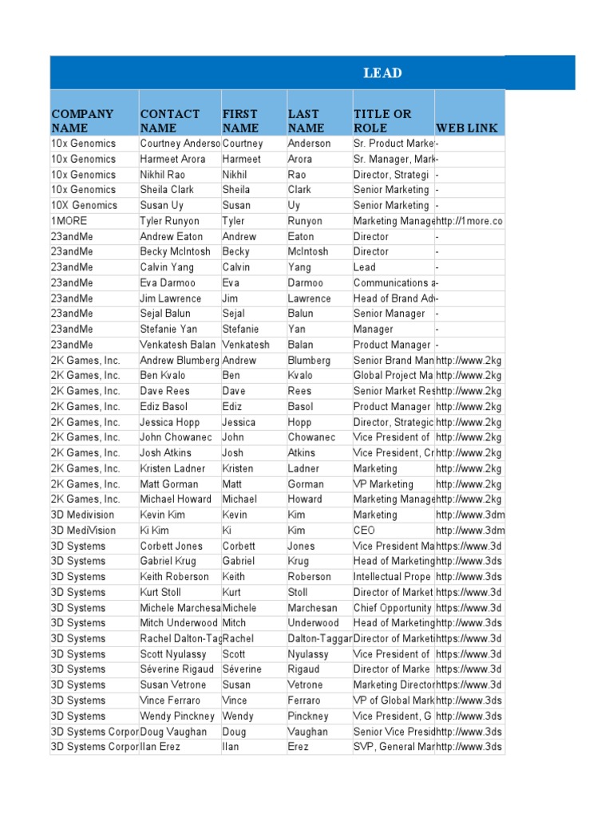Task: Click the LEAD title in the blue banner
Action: point(382,73)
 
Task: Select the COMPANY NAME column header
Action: point(82,120)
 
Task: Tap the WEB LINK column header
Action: point(467,128)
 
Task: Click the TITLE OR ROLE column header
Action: point(382,120)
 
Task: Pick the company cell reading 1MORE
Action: point(69,221)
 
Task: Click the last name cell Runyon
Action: point(305,221)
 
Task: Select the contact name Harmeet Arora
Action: point(172,159)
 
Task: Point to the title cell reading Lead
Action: point(364,267)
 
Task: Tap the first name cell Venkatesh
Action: point(246,345)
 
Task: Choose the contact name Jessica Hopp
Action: point(169,422)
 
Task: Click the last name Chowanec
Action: point(312,437)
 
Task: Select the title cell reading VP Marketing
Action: point(383,484)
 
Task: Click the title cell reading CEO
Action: point(364,531)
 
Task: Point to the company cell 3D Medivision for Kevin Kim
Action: point(82,515)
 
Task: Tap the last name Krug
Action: point(300,561)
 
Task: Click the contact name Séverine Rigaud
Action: point(176,669)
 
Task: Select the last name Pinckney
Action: point(308,716)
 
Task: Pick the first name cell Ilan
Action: point(232,747)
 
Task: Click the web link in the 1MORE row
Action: point(469,221)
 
